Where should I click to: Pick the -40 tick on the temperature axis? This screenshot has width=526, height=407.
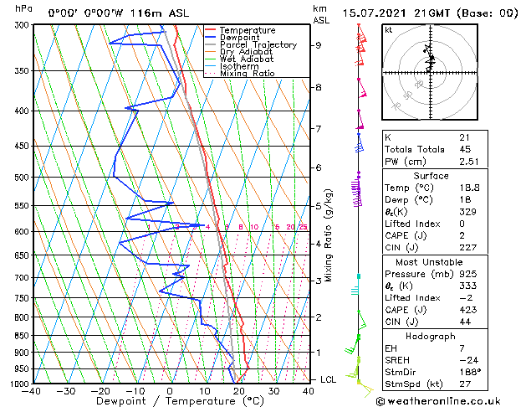pyautogui.click(x=33, y=391)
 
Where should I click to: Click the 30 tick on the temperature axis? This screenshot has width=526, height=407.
pyautogui.click(x=273, y=391)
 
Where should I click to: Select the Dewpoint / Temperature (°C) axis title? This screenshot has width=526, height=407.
pyautogui.click(x=168, y=402)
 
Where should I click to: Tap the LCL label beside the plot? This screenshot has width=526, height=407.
pyautogui.click(x=329, y=380)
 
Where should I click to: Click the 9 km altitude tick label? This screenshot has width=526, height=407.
pyautogui.click(x=318, y=45)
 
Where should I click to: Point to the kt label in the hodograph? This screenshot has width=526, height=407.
pyautogui.click(x=389, y=30)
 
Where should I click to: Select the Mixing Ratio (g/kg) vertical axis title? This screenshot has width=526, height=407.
pyautogui.click(x=329, y=235)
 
